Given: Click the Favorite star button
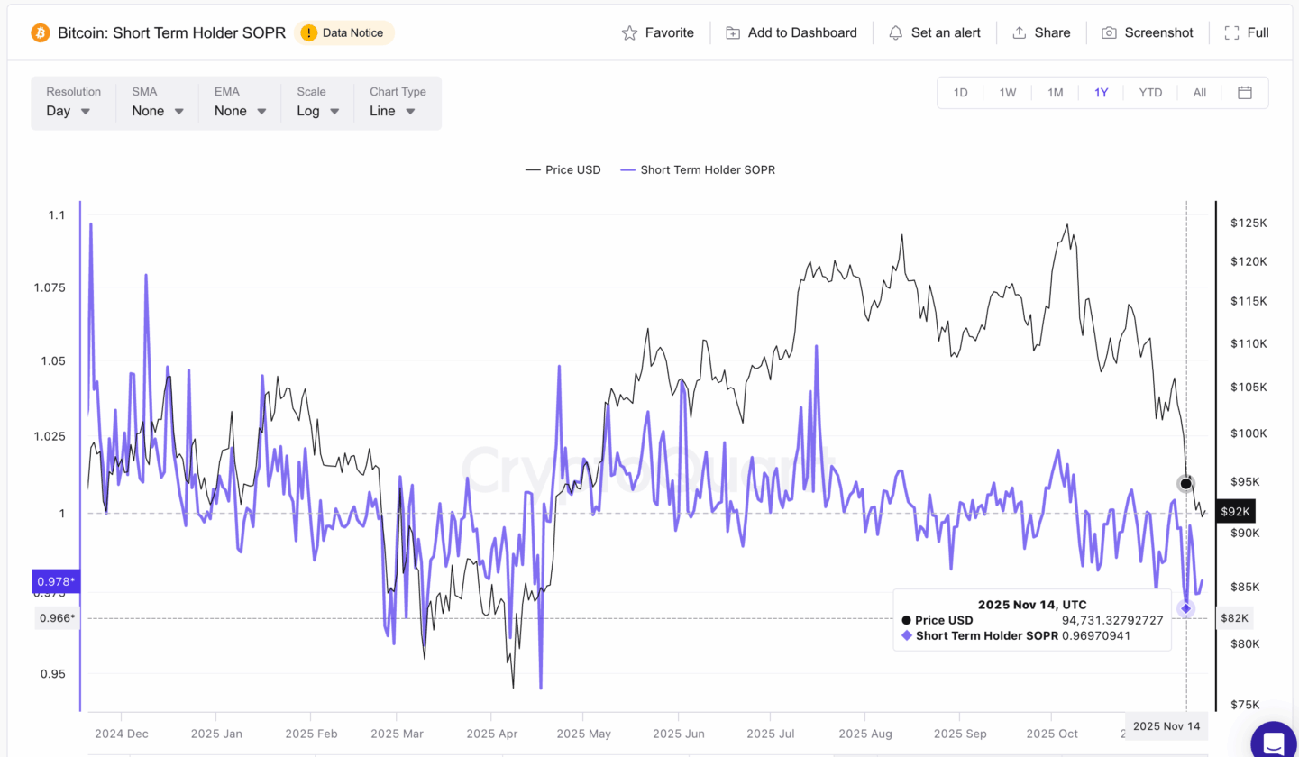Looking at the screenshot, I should point(658,32).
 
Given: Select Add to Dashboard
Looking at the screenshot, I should point(791,32).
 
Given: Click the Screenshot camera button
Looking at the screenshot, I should point(1147,32).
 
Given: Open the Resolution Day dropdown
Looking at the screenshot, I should point(69,111).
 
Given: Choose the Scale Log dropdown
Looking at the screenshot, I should point(318,111).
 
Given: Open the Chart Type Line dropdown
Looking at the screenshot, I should point(392,111).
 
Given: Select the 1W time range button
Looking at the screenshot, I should point(1008,92).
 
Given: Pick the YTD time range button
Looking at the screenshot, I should point(1150,92).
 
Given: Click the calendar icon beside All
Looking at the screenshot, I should point(1245,92).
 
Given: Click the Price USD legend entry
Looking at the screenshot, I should point(563,169).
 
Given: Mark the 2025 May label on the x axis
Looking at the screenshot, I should point(582,734).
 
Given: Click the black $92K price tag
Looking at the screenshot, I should point(1234,512).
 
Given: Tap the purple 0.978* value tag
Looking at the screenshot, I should point(55,580).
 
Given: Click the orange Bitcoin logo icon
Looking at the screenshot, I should point(41,32).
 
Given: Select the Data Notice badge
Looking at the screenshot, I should point(343,32).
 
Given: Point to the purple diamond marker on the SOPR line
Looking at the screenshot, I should point(1186,608).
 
